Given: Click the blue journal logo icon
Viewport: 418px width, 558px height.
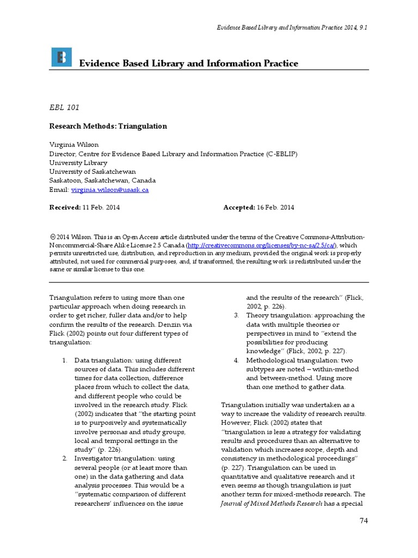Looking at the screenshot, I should click(x=61, y=58).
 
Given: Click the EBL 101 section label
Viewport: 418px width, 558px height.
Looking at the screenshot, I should click(x=64, y=107).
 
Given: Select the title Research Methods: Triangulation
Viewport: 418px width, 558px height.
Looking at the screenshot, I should click(x=108, y=126).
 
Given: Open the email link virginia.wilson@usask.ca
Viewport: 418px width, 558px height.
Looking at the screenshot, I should click(x=109, y=190).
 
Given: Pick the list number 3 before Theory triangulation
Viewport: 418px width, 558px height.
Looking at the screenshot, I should click(x=236, y=316).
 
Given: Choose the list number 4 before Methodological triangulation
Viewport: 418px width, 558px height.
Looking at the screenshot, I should click(x=236, y=361).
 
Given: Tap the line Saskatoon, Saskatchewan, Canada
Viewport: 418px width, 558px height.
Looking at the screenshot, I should click(x=102, y=180).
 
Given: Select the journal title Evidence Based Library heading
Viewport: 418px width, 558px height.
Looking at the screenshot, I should click(x=188, y=64).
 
